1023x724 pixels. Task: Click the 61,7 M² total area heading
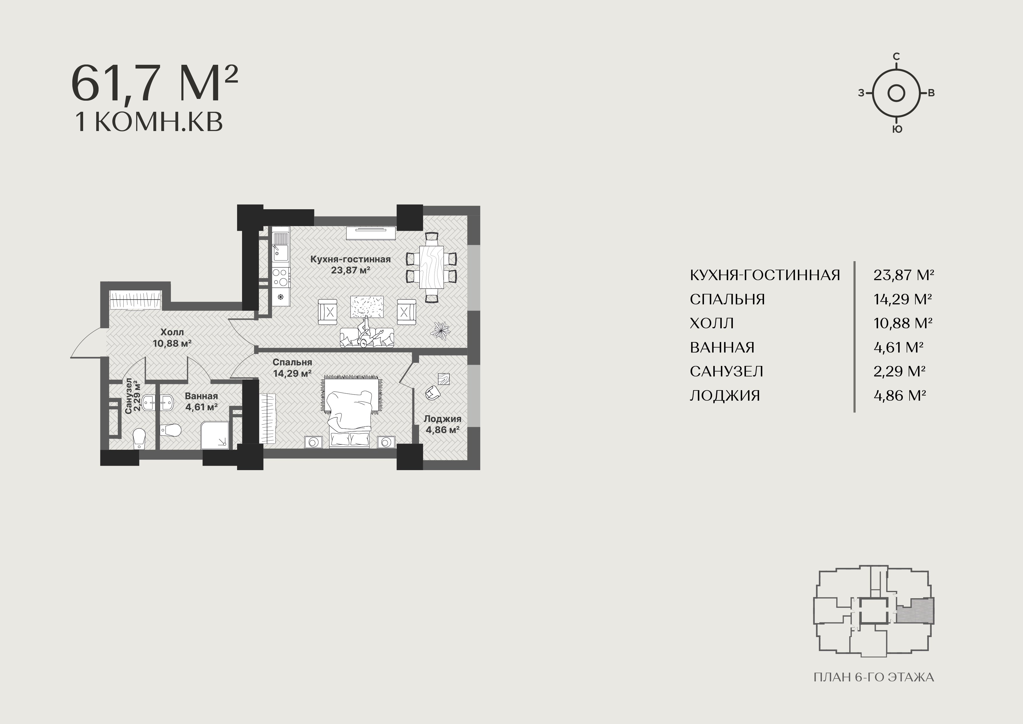154,84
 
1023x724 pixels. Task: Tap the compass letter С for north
896,57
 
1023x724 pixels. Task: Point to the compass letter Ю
897,129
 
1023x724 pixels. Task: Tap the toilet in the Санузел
139,438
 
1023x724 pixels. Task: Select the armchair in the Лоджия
432,392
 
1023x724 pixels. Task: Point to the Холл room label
172,332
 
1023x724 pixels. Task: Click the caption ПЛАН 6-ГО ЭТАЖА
874,678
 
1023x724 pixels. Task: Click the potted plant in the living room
441,330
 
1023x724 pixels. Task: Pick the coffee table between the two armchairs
367,307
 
